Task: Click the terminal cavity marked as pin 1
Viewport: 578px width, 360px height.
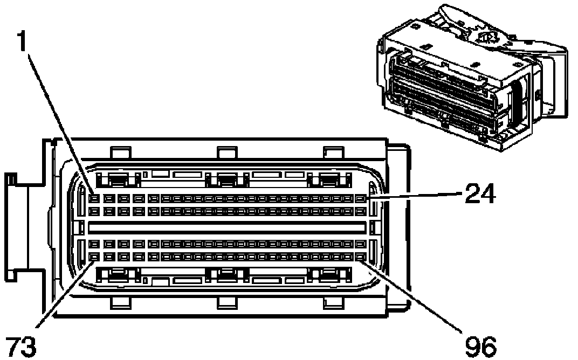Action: coord(94,199)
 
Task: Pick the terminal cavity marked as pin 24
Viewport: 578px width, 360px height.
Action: coord(360,199)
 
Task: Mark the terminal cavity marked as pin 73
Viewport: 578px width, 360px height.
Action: coord(94,257)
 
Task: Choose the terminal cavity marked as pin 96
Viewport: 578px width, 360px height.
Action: coord(360,257)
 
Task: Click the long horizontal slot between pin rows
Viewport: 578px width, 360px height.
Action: coord(228,227)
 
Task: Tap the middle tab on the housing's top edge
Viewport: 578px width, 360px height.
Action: coord(227,153)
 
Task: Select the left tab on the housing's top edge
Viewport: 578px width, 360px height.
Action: coord(121,153)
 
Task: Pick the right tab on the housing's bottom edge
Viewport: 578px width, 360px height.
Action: coord(334,303)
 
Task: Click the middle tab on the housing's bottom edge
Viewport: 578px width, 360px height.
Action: coord(227,303)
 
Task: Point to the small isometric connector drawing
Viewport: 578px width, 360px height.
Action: coord(472,78)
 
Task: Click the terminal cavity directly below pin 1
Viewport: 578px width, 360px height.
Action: coord(94,211)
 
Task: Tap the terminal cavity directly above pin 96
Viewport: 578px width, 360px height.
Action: coord(360,244)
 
